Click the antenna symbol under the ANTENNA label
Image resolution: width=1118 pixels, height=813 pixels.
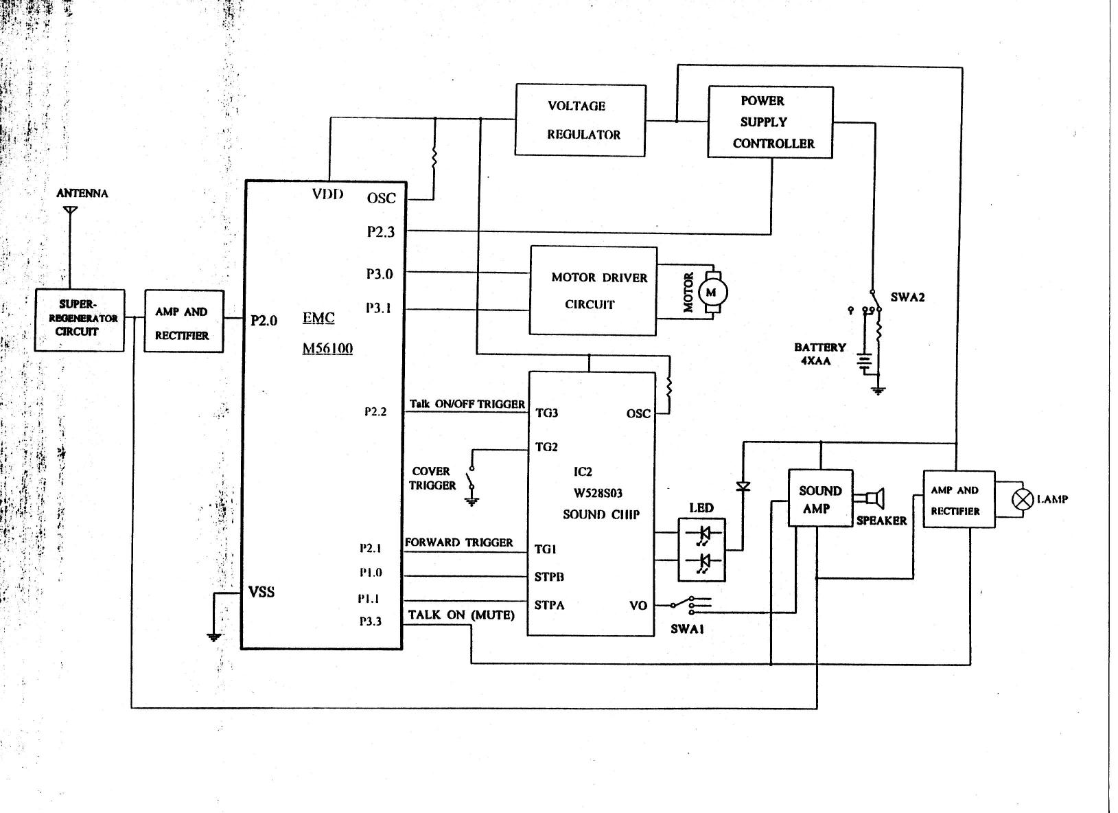click(x=71, y=210)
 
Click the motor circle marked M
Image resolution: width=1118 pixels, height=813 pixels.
click(x=712, y=293)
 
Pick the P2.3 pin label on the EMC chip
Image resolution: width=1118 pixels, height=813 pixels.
click(x=381, y=231)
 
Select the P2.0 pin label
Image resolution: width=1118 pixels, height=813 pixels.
click(x=264, y=320)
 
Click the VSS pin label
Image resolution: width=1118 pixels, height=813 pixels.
click(x=261, y=592)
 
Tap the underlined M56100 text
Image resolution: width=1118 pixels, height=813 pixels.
click(x=327, y=348)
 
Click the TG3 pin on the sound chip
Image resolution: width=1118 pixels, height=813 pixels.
click(x=546, y=413)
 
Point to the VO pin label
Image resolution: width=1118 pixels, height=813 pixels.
click(x=638, y=606)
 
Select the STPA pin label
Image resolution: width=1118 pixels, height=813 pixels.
click(x=549, y=605)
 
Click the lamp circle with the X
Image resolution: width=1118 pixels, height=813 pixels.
click(x=1022, y=500)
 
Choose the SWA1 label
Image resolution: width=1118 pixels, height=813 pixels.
click(x=687, y=629)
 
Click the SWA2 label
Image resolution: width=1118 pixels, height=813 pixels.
click(x=907, y=297)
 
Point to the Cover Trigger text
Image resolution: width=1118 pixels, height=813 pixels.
click(x=432, y=479)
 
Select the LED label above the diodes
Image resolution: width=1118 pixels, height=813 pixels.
click(x=701, y=508)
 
